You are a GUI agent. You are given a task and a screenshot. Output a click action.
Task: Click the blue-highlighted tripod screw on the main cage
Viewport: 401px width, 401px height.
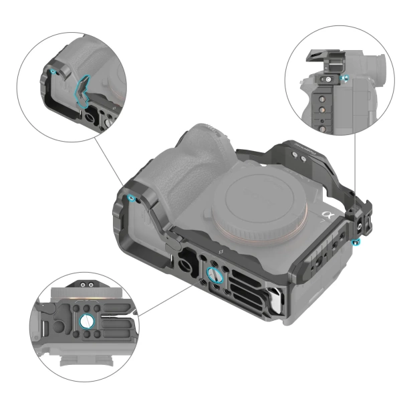pos(215,274)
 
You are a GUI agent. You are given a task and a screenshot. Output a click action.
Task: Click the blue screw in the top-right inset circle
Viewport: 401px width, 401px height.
pos(344,79)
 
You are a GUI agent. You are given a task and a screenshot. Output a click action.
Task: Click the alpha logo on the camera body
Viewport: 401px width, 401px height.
pos(327,215)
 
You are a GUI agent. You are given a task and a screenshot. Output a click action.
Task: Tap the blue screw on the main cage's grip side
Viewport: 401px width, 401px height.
pos(131,198)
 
